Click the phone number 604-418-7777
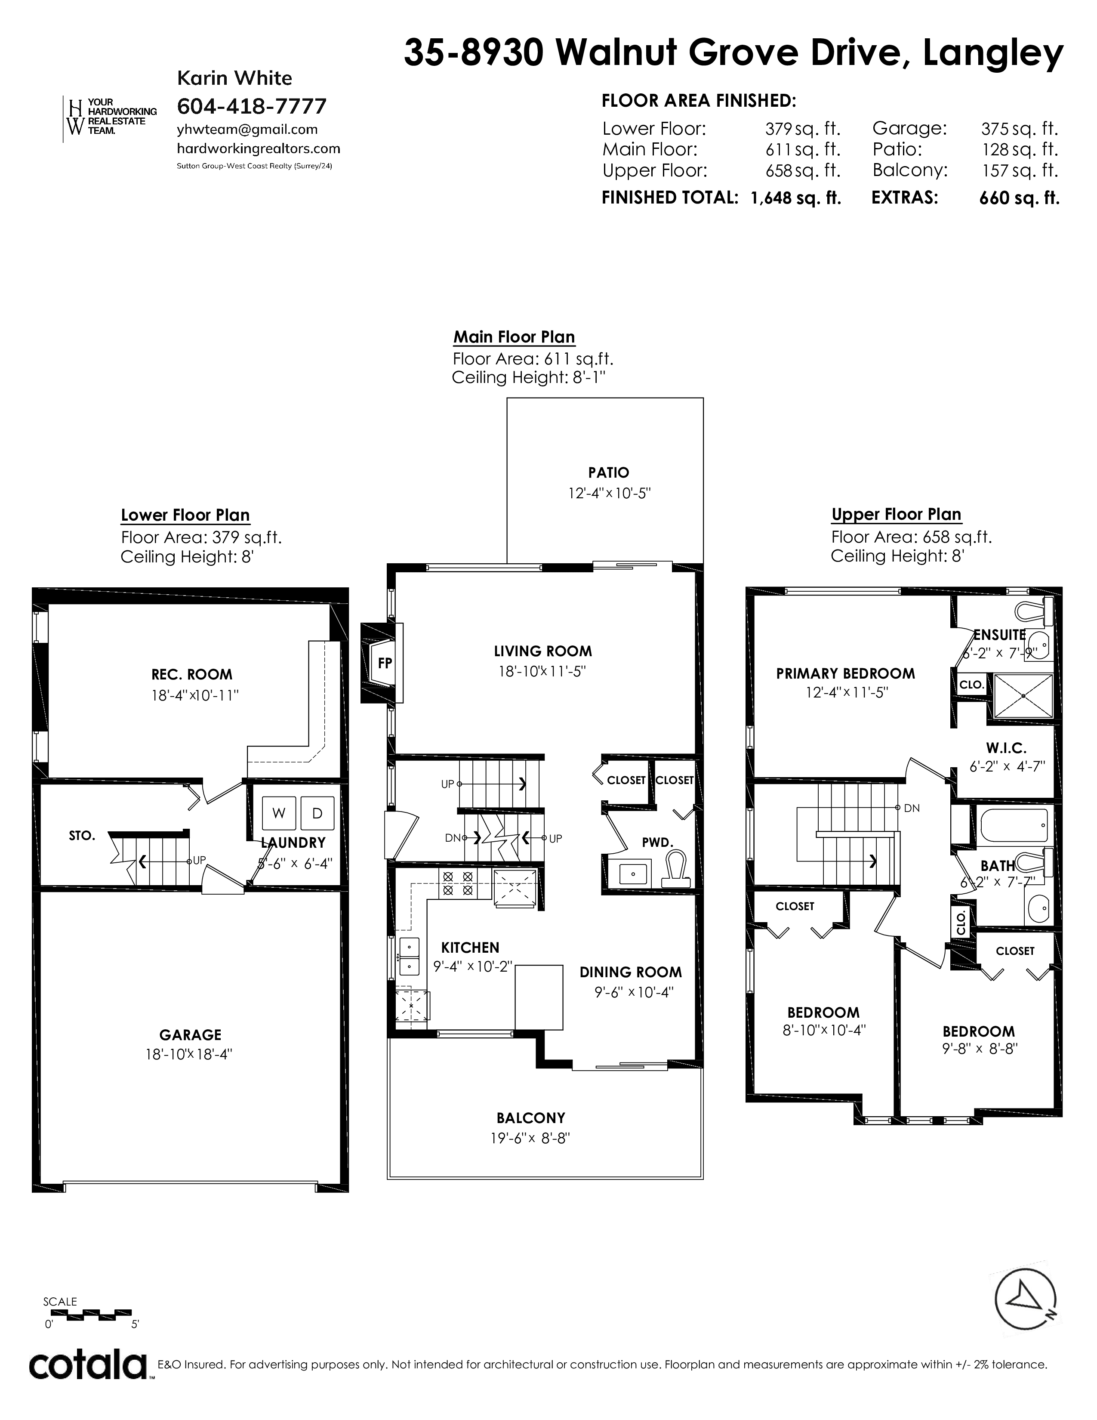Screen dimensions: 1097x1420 click(x=252, y=105)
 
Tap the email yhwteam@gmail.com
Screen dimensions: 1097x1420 click(x=247, y=130)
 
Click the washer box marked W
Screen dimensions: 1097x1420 click(x=279, y=813)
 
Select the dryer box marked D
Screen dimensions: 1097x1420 click(x=317, y=813)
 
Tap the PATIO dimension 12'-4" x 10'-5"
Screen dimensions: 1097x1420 click(x=609, y=494)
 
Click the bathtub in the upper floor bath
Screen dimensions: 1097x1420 click(x=1013, y=824)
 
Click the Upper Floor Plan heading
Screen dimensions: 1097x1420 click(x=896, y=514)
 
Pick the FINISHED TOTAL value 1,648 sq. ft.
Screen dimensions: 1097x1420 click(x=795, y=198)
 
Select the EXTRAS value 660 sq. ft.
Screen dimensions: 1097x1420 click(x=1019, y=198)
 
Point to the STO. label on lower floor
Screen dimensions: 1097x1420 click(x=82, y=836)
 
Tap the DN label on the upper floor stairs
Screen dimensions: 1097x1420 click(x=912, y=808)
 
